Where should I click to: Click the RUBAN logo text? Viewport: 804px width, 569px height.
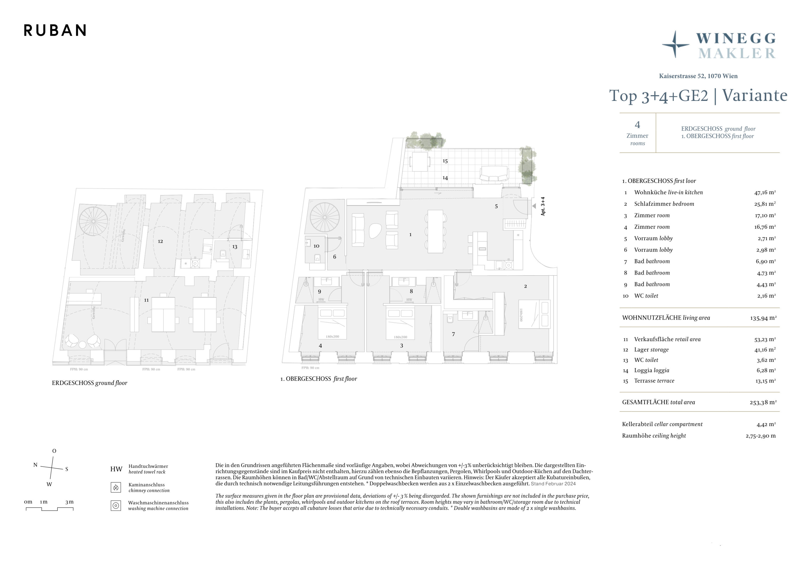(55, 31)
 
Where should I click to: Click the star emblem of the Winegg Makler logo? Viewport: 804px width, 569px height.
(675, 45)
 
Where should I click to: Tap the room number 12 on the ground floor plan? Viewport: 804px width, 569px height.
(160, 241)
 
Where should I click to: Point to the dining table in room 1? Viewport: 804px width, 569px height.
(435, 231)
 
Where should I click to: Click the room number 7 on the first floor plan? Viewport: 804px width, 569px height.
(453, 334)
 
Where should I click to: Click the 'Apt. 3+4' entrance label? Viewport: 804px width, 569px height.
(543, 206)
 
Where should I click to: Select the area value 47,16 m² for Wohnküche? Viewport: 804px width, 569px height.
(765, 192)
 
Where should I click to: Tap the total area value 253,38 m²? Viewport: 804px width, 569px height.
(763, 403)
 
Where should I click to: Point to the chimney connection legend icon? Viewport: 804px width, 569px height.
(116, 487)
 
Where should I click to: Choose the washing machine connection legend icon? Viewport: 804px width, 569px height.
(116, 506)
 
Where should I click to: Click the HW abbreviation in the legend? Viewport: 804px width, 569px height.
(116, 469)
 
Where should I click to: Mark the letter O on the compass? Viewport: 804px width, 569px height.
(54, 451)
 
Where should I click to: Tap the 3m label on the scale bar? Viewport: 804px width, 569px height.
(69, 502)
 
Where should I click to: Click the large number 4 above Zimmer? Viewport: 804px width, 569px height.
(637, 125)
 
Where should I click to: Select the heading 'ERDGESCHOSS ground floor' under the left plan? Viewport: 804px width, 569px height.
(90, 383)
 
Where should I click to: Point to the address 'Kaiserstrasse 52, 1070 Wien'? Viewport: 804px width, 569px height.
(698, 76)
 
